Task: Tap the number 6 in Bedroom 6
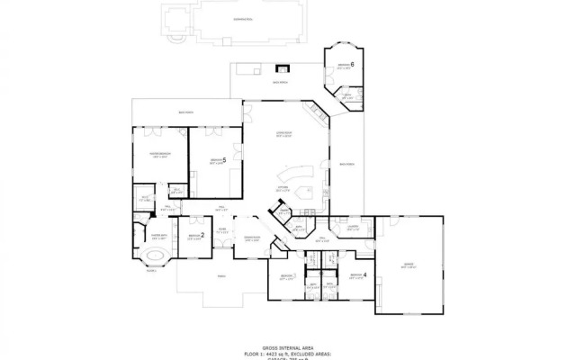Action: tap(353, 65)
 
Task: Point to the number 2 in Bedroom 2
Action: tap(202, 236)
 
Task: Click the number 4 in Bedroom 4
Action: tap(364, 275)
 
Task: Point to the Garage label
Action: tap(409, 265)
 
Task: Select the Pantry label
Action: tap(282, 213)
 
